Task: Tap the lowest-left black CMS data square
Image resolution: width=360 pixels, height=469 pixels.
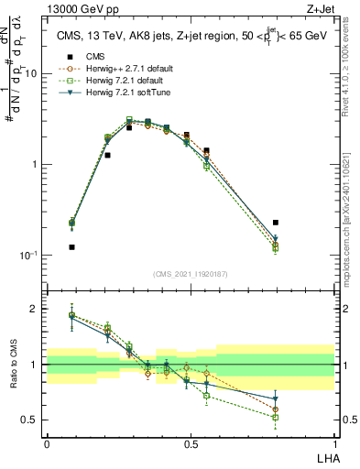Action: (x=71, y=247)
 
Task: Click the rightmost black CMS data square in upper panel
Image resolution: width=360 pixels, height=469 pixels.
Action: (x=276, y=223)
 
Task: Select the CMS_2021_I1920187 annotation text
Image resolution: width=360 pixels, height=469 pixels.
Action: (x=190, y=273)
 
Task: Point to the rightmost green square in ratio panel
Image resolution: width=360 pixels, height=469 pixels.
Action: (x=276, y=417)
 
